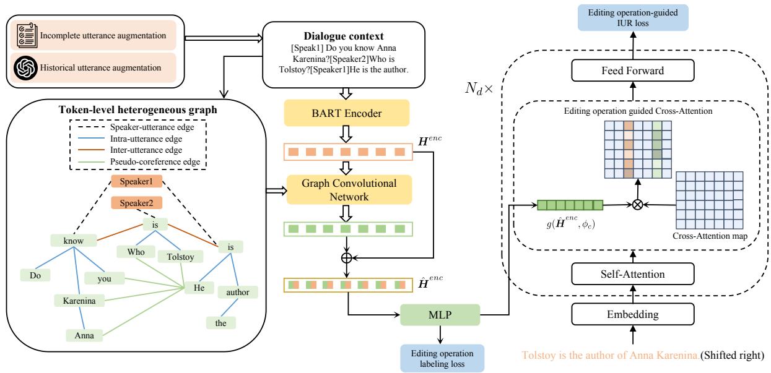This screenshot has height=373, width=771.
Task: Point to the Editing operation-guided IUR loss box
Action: click(632, 16)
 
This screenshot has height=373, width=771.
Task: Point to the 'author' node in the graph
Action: click(237, 291)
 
